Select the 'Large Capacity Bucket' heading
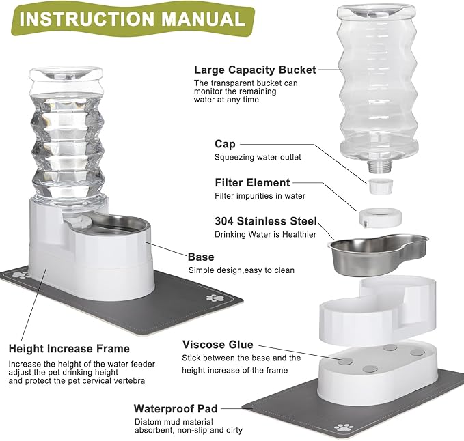coord(255,70)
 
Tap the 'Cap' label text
coord(225,144)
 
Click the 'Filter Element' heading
coord(252,183)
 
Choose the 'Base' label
coord(201,257)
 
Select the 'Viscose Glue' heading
coord(217,345)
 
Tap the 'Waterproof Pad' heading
coord(176,408)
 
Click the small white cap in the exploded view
coord(377,185)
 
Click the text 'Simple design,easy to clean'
coord(241,270)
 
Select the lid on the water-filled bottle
coord(67,73)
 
